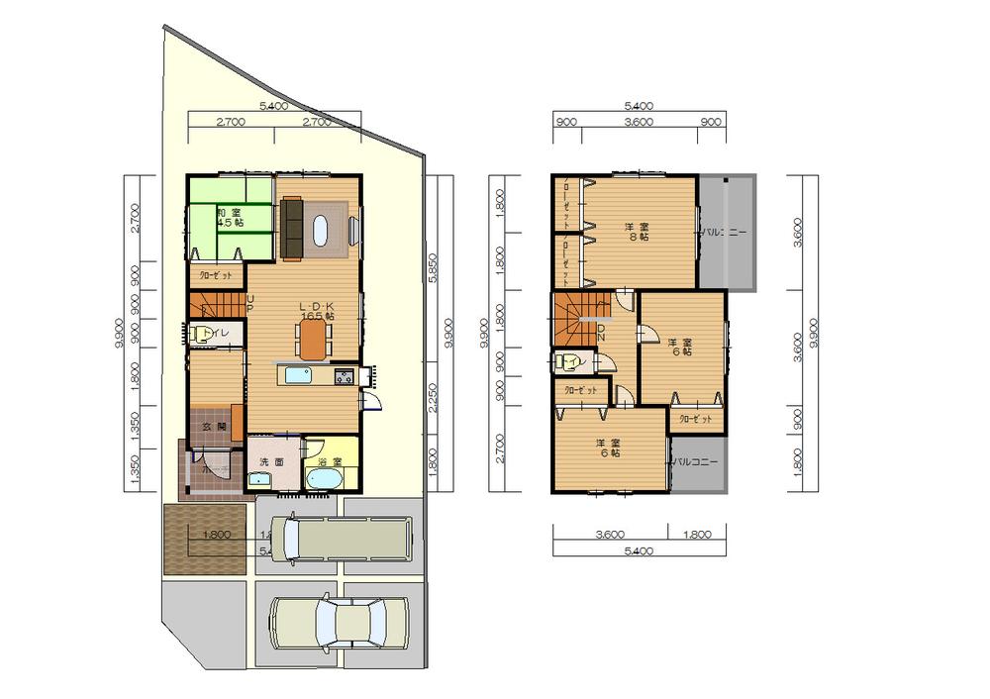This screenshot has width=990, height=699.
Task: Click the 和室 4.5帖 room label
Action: pyautogui.click(x=230, y=218)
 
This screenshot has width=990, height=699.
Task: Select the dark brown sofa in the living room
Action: pyautogui.click(x=293, y=226)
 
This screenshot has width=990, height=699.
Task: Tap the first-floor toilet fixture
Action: pyautogui.click(x=202, y=335)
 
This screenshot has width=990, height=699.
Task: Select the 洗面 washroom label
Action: pyautogui.click(x=271, y=462)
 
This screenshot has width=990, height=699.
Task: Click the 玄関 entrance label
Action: pyautogui.click(x=215, y=427)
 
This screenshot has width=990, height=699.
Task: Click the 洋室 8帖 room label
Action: pyautogui.click(x=637, y=232)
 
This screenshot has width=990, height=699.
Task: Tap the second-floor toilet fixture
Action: pyautogui.click(x=568, y=362)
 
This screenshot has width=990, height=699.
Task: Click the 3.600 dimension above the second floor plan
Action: pyautogui.click(x=640, y=122)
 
